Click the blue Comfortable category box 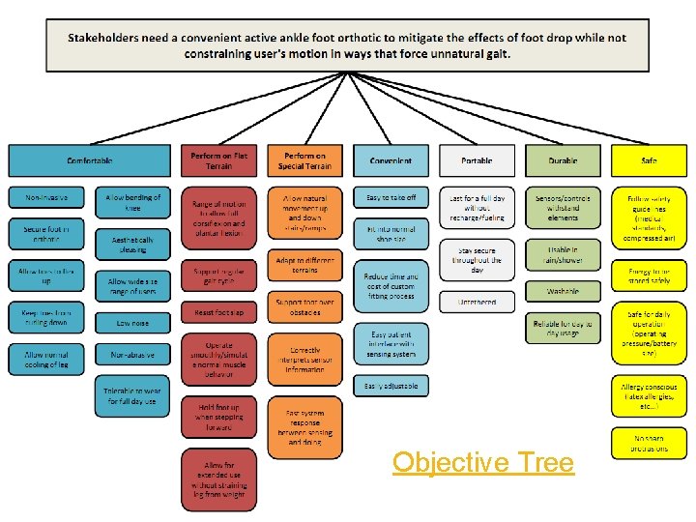90,160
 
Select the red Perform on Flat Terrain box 217,160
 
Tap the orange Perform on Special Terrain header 305,160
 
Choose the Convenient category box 391,160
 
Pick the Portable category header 477,160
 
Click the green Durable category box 563,160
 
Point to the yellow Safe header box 649,160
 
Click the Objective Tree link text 483,462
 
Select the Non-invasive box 46,197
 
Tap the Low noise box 132,323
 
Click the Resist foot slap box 218,313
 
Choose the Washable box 563,290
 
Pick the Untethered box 477,302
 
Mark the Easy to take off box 391,197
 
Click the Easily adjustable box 391,386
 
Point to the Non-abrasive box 132,356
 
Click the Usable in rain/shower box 563,255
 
